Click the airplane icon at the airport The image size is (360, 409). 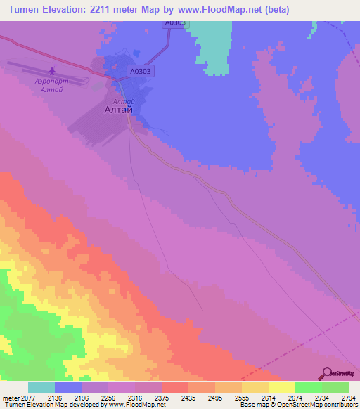coord(51,71)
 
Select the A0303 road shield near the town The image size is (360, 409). coord(141,71)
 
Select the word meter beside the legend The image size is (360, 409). coord(11,397)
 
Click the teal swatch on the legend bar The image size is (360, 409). coord(41,387)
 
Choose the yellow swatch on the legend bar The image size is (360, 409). coord(281,387)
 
